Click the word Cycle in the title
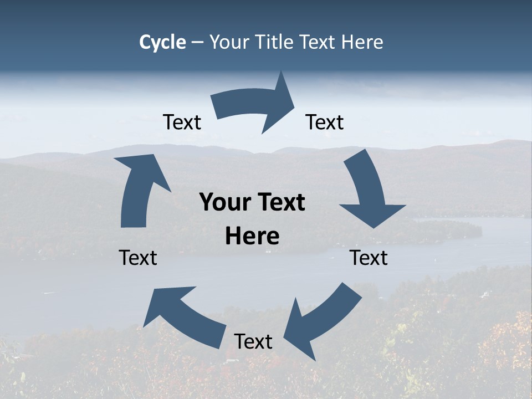[162, 42]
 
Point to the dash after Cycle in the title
[197, 43]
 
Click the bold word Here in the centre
[252, 237]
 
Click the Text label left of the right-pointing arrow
[182, 122]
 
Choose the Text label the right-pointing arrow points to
[325, 122]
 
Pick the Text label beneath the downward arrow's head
[369, 258]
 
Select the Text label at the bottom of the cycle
[253, 342]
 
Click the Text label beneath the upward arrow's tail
[138, 258]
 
